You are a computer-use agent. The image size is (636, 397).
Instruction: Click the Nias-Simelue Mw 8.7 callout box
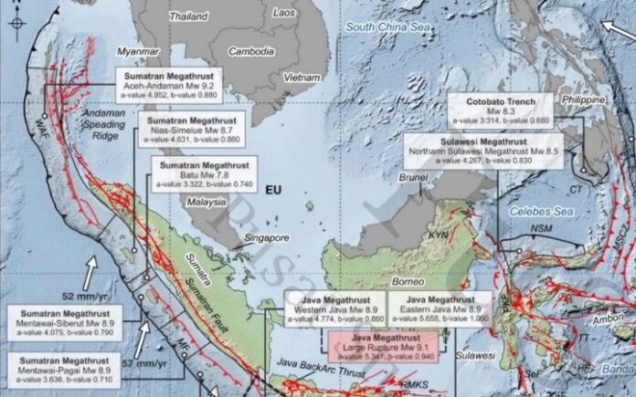pos(190,129)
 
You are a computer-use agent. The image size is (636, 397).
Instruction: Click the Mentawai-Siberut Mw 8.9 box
pos(58,319)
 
